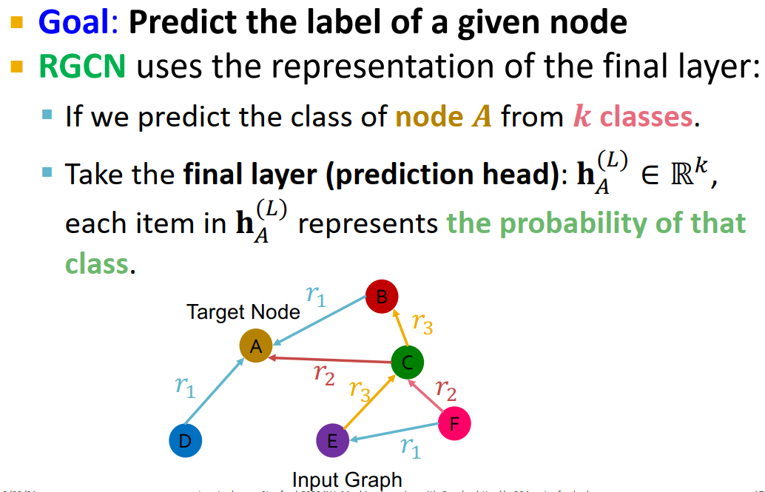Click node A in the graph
coord(255,346)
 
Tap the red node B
coord(382,297)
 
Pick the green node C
coord(408,363)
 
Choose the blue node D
coord(185,441)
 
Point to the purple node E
coord(332,441)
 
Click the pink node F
coord(454,424)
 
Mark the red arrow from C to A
coord(330,360)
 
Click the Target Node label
coord(243,311)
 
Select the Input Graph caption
coord(347,479)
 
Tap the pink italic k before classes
coord(583,116)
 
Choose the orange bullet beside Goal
coord(16,22)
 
